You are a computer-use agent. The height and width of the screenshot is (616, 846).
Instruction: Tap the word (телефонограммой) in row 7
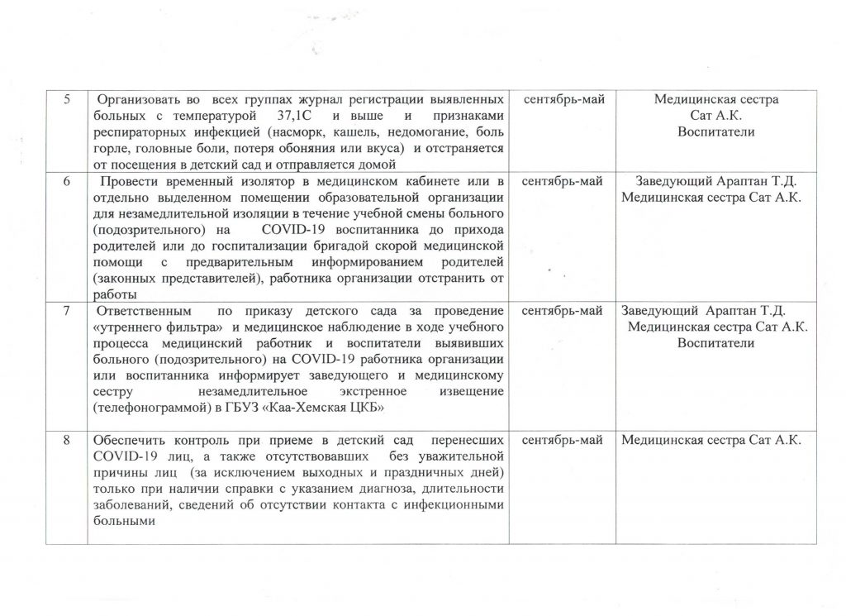click(x=143, y=408)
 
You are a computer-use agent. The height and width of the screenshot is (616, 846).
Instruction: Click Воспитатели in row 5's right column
click(x=715, y=132)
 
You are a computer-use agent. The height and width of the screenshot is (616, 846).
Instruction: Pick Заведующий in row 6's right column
click(x=670, y=182)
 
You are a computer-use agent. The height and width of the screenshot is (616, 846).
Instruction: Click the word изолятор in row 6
click(x=268, y=182)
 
